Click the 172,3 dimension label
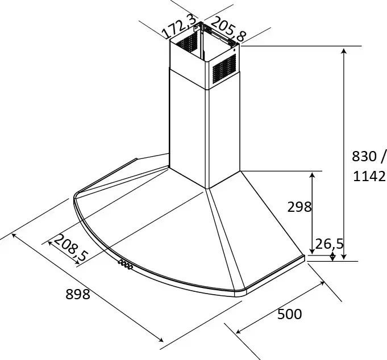pos(180,26)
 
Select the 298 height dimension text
pos(299,207)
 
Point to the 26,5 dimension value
pos(329,244)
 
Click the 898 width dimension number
pos(78,294)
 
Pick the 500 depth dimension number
pos(289,314)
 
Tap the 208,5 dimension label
pos(70,248)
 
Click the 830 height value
pos(364,156)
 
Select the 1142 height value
pos(369,176)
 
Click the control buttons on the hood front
pos(126,264)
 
